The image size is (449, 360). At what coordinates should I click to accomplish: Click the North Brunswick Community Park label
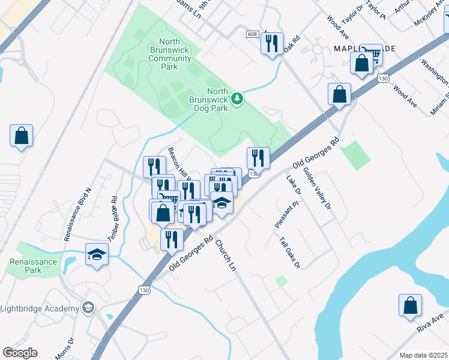[x=170, y=54]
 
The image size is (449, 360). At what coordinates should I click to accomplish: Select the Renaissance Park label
[x=34, y=266]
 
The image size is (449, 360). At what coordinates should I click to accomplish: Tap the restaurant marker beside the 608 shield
[x=272, y=43]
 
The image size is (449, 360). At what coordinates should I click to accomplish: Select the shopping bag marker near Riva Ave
[x=410, y=305]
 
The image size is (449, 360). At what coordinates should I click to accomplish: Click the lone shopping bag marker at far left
[x=22, y=136]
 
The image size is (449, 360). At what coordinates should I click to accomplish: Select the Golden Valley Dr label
[x=317, y=188]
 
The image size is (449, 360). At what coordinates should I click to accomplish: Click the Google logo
[x=20, y=353]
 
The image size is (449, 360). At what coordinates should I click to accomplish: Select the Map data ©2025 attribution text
[x=424, y=355]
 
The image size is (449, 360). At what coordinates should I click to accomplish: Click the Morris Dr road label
[x=64, y=348]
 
